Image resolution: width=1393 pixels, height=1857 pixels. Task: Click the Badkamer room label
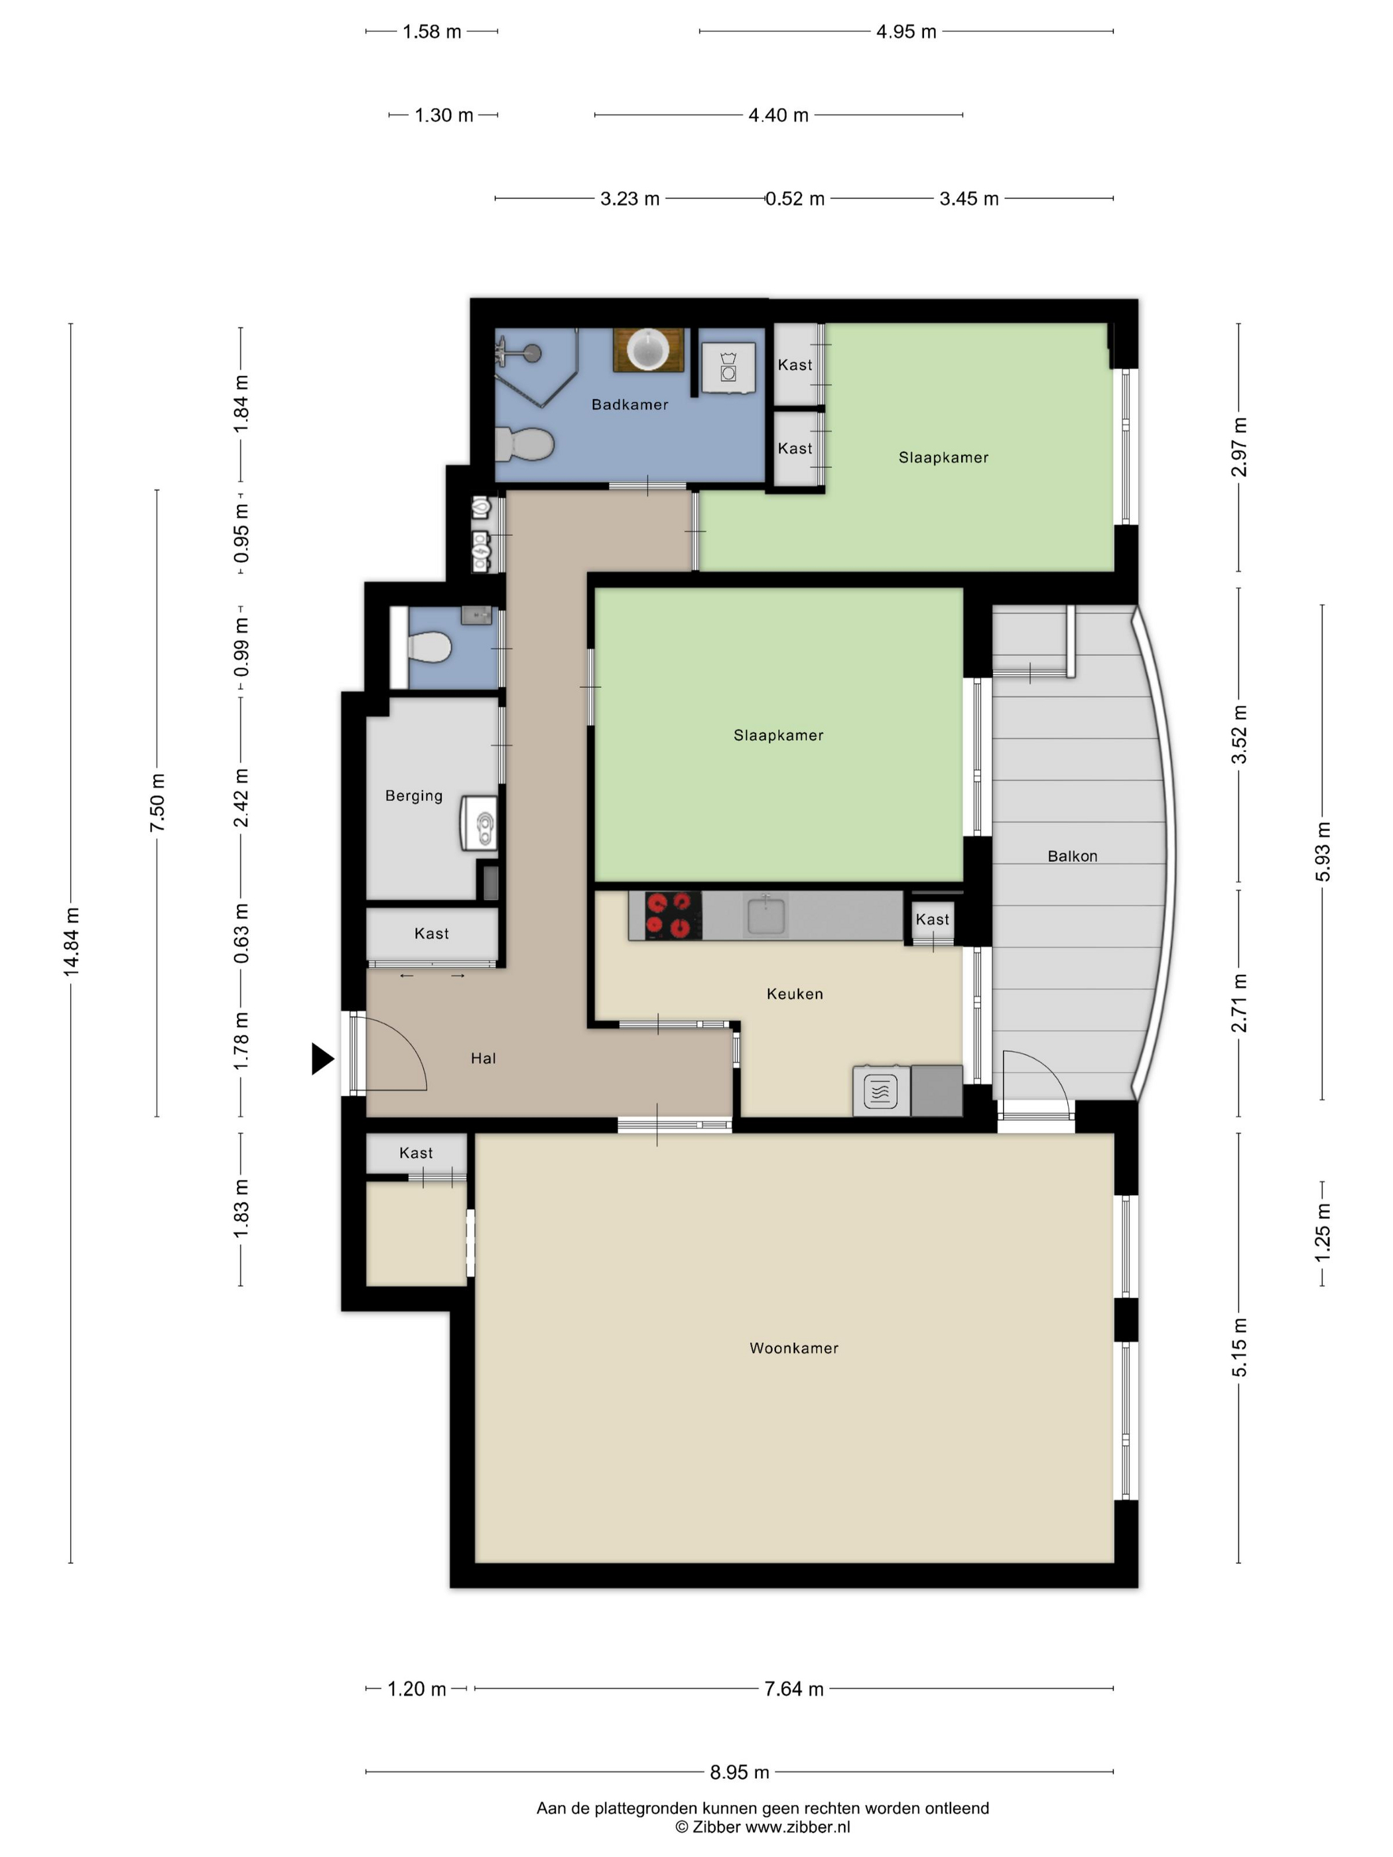(630, 405)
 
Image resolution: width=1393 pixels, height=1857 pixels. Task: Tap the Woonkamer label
(793, 1348)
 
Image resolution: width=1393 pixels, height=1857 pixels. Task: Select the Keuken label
(794, 994)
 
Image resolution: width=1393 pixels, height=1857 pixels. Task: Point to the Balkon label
(1072, 856)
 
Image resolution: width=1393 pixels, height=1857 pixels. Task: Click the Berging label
(414, 796)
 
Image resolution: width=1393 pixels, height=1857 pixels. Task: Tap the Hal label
(483, 1058)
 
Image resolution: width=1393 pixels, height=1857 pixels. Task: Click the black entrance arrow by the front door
(322, 1058)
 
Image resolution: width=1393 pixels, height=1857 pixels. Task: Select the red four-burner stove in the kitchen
(673, 915)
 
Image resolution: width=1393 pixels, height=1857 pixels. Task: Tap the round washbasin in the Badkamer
(648, 350)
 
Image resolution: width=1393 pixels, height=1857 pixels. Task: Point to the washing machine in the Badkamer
(728, 367)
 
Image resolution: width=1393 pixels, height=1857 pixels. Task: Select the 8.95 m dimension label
(739, 1771)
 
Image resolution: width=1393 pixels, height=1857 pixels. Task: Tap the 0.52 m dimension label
(794, 199)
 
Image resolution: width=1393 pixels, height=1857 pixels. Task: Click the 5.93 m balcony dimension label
(1323, 852)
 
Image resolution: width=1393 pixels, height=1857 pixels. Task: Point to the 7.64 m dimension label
(793, 1689)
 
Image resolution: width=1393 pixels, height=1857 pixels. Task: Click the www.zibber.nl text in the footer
(797, 1826)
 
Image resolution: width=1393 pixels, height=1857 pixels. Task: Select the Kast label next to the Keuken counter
(932, 919)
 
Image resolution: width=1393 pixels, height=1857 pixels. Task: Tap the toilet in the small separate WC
(430, 647)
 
